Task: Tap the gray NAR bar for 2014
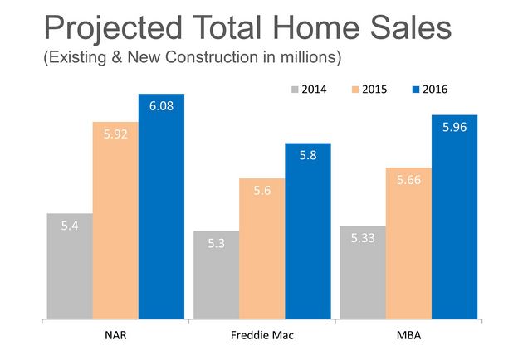pyautogui.click(x=70, y=265)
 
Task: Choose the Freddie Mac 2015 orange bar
pyautogui.click(x=262, y=248)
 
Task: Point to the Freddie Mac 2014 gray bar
pyautogui.click(x=216, y=275)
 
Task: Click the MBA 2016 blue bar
pyautogui.click(x=455, y=216)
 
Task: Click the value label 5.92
pyautogui.click(x=115, y=134)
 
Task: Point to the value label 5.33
pyautogui.click(x=363, y=238)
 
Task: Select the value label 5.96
pyautogui.click(x=455, y=128)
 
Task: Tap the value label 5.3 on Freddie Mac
pyautogui.click(x=216, y=243)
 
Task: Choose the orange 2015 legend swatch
pyautogui.click(x=356, y=89)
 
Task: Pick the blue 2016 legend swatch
pyautogui.click(x=416, y=89)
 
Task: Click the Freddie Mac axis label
pyautogui.click(x=262, y=335)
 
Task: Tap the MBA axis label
pyautogui.click(x=408, y=335)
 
